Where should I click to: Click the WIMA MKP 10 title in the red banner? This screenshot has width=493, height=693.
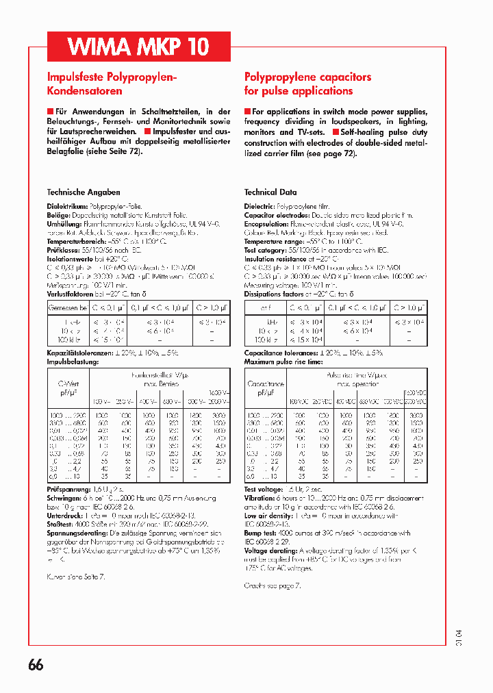tap(138, 47)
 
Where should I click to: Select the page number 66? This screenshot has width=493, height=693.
tap(36, 665)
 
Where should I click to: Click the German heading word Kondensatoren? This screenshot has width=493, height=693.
tap(84, 90)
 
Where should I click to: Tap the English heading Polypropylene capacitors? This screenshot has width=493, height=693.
tap(307, 77)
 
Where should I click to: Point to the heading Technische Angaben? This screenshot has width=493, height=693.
tap(83, 192)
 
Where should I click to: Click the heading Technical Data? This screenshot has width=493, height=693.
tap(270, 192)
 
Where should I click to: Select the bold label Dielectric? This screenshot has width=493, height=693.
tap(260, 205)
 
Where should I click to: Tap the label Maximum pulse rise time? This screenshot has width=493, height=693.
tap(283, 361)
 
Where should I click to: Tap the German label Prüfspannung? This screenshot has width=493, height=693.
tap(68, 489)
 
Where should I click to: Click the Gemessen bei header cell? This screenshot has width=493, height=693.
tap(68, 308)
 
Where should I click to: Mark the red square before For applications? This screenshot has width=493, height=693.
tap(248, 111)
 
